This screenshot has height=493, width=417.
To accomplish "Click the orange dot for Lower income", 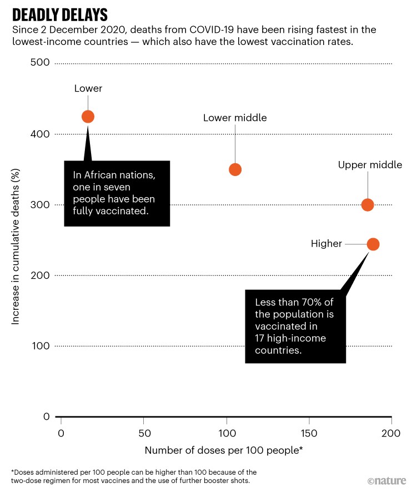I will pyautogui.click(x=88, y=117).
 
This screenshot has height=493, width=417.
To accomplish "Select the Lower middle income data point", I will pyautogui.click(x=235, y=169).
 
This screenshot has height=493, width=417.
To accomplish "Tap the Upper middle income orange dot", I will pyautogui.click(x=368, y=205).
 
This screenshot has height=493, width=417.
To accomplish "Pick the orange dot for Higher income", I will pyautogui.click(x=373, y=244).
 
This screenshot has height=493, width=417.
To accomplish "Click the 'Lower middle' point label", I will pyautogui.click(x=235, y=118).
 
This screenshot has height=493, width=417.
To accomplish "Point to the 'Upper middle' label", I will pyautogui.click(x=370, y=165).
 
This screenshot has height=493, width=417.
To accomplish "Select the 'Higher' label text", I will pyautogui.click(x=326, y=244).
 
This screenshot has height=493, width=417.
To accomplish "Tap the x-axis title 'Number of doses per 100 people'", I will pyautogui.click(x=224, y=450).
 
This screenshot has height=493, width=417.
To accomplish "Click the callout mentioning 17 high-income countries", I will pyautogui.click(x=295, y=326).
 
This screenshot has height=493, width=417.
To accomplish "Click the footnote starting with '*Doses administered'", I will pyautogui.click(x=133, y=475).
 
